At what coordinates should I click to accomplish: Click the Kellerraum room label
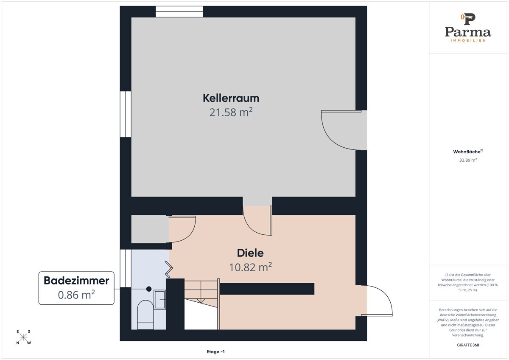tap(231, 98)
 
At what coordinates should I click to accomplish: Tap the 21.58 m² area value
tap(231, 112)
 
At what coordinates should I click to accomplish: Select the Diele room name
tap(250, 253)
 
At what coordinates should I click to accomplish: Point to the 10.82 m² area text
tap(250, 267)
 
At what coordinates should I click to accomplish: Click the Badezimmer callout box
tap(76, 288)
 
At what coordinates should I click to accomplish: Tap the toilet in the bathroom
tap(145, 315)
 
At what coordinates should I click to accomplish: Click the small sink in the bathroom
tap(160, 300)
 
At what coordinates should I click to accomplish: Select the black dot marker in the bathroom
tap(149, 289)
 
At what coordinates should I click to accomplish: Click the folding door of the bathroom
tap(169, 269)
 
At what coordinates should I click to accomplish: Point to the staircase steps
tap(201, 294)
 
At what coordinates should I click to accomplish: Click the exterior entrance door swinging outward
tap(377, 300)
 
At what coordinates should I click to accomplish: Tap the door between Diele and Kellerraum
tap(257, 221)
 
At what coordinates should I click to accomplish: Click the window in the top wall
tap(179, 11)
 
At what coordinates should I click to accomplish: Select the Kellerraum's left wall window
tap(126, 114)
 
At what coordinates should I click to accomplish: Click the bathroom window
tap(126, 268)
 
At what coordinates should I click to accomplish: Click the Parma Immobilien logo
tap(468, 28)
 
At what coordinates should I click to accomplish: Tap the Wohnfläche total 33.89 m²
tap(468, 160)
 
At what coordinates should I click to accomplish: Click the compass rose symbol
tap(23, 337)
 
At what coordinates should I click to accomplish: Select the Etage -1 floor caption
tap(215, 352)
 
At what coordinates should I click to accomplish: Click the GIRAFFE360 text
tap(468, 345)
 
